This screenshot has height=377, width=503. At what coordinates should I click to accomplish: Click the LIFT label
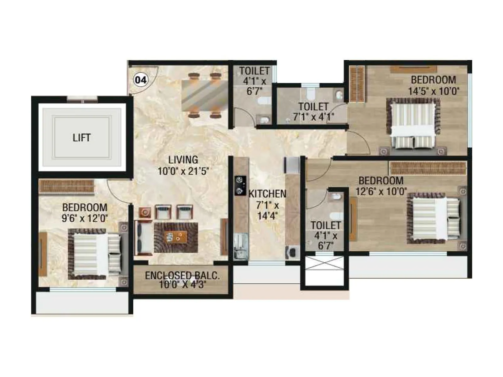tap(81, 138)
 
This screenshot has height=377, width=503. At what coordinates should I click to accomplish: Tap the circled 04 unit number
tap(140, 80)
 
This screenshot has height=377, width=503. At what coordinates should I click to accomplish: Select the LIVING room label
tap(183, 160)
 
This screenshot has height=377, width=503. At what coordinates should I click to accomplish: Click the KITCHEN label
tap(267, 194)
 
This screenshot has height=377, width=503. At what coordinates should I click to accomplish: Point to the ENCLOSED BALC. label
tap(182, 276)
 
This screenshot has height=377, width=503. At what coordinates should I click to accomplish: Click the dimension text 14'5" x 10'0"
tap(434, 91)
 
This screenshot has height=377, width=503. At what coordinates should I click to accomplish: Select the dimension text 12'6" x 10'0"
tap(381, 191)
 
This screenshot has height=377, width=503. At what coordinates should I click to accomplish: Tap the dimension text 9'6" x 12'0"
tap(85, 218)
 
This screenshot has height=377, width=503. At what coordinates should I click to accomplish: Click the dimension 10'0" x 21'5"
tap(183, 171)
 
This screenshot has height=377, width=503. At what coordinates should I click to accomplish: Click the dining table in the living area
tap(204, 95)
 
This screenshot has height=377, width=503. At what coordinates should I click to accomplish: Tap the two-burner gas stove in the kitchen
tap(240, 185)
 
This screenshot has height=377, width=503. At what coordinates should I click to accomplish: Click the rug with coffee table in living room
tap(176, 238)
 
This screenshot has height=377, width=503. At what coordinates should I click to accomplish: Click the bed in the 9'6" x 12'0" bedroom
tap(94, 254)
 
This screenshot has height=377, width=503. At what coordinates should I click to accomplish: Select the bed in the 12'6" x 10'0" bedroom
tap(434, 218)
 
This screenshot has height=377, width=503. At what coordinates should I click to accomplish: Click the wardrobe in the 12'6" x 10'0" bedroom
tap(428, 168)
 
